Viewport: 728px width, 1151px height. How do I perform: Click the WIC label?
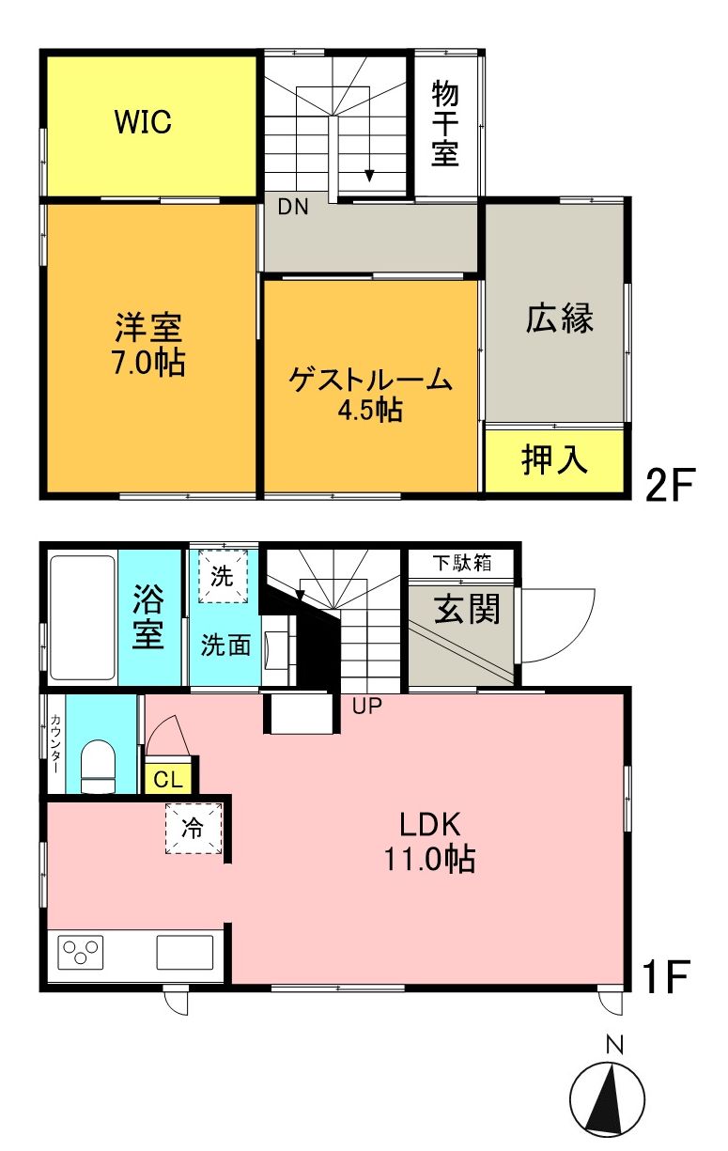coord(143,122)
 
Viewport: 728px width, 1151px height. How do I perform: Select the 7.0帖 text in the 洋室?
coord(148,362)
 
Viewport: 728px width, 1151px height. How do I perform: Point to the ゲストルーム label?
coord(371,381)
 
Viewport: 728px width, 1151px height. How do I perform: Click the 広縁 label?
coord(559,319)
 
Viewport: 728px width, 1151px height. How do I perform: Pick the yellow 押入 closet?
coord(554,460)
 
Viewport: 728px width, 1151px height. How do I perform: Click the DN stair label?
coord(292,209)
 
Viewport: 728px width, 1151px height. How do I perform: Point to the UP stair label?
coord(367,706)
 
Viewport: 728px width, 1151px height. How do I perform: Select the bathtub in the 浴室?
coord(82,617)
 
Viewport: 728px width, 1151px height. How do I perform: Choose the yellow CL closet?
coord(169,779)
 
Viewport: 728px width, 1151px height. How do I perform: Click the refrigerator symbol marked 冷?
coord(193,830)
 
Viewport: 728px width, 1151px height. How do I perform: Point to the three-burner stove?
coord(80,953)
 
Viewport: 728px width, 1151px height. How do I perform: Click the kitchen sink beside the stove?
coord(184,953)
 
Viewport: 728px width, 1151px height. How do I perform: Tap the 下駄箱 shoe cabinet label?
coord(460,564)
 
